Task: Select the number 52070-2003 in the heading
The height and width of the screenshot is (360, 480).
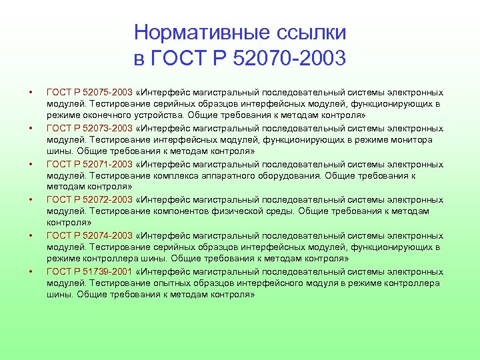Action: (290, 58)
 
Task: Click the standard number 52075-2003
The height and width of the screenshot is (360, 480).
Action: (110, 93)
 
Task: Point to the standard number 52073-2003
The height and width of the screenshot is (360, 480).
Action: (110, 129)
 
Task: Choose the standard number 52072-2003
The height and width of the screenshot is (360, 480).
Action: (110, 200)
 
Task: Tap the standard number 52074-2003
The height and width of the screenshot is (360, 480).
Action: (110, 236)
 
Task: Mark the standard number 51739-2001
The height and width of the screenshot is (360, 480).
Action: (110, 272)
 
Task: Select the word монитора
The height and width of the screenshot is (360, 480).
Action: (411, 140)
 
